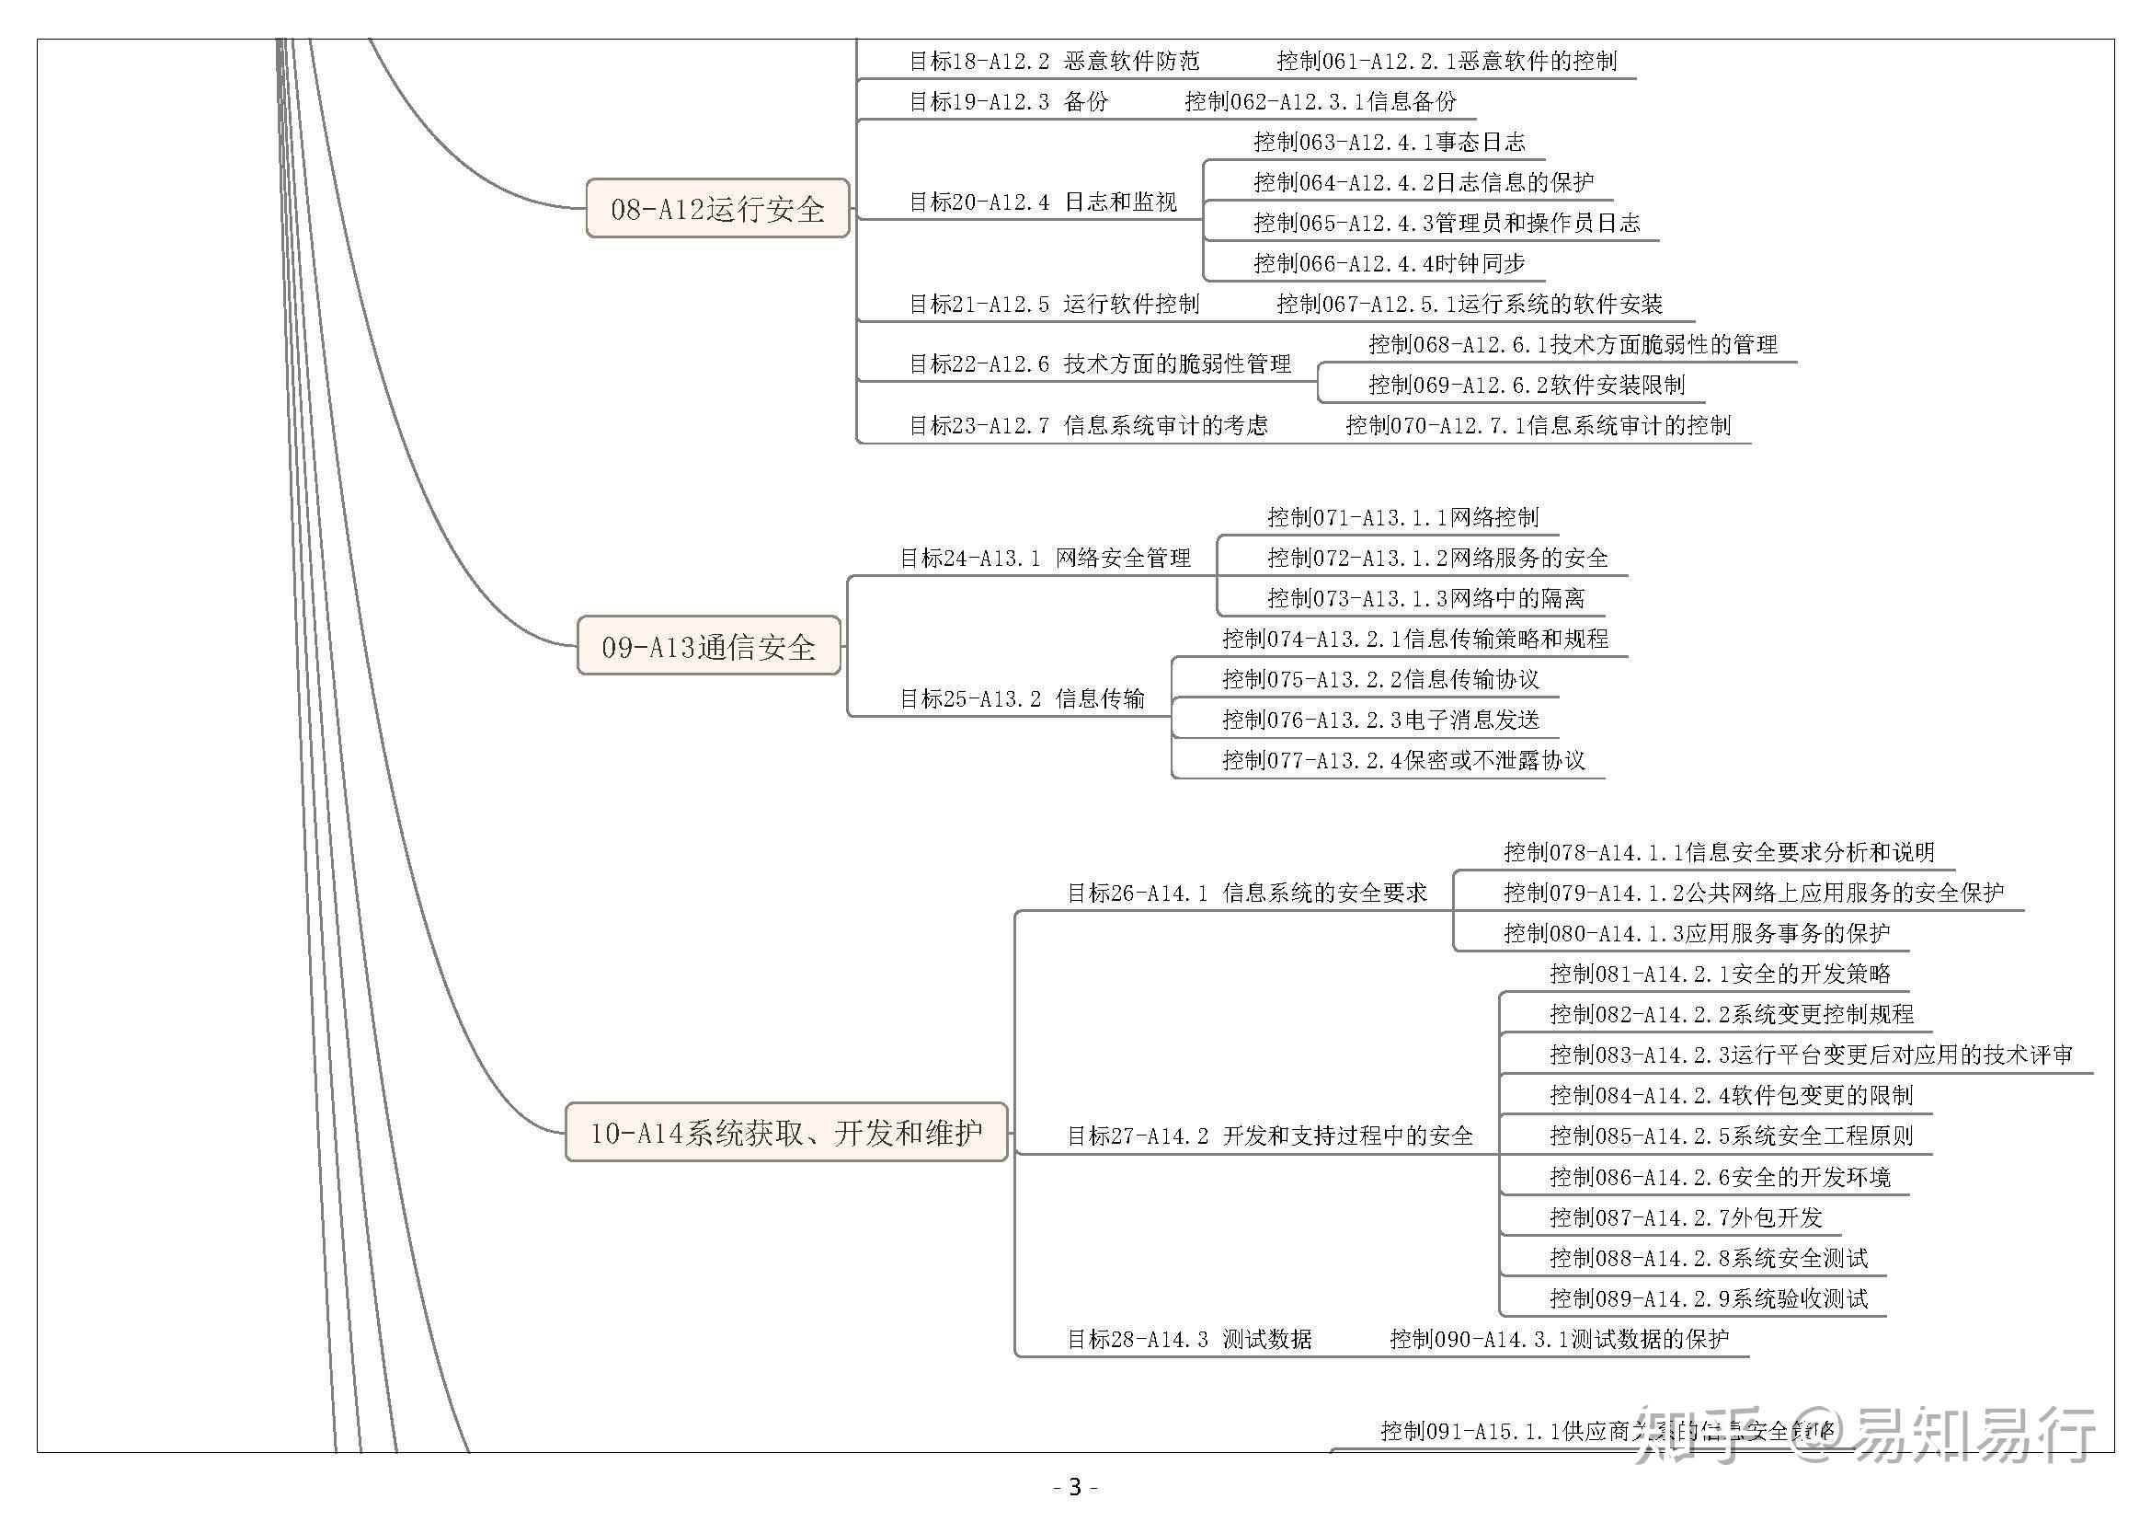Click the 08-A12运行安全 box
point(717,208)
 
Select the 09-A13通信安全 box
point(708,646)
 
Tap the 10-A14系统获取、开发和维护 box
point(786,1132)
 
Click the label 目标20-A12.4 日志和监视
point(1043,202)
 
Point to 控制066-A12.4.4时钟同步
point(1390,264)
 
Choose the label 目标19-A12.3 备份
point(1008,102)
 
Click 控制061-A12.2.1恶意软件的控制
point(1447,62)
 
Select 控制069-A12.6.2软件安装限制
point(1527,386)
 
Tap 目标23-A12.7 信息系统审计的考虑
point(1089,425)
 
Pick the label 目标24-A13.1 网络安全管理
point(1045,559)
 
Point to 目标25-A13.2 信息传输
point(1022,699)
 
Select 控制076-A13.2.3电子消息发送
point(1381,720)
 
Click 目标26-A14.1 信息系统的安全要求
point(1247,894)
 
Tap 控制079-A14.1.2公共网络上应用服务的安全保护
point(1754,894)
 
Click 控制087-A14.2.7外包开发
point(1686,1218)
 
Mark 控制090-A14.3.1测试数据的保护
point(1559,1339)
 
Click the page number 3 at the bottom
point(1076,1487)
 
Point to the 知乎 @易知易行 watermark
point(1864,1435)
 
